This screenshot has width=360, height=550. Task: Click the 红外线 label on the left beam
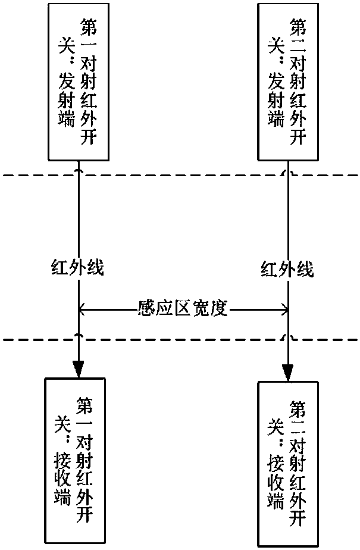coord(77,269)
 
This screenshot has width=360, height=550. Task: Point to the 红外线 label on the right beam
coord(287,270)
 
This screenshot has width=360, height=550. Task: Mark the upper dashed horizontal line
coord(179,175)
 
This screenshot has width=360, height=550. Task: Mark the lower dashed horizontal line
coord(179,340)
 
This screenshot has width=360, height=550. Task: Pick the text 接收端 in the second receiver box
coord(273,479)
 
